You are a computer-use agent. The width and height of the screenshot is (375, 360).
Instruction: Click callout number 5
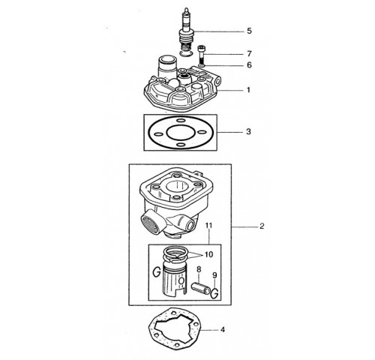pos(249,31)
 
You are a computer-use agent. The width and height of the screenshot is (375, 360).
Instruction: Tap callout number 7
pos(249,54)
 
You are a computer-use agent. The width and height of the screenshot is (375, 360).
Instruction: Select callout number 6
pos(249,65)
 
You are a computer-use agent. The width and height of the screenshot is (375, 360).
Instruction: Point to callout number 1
pos(248,90)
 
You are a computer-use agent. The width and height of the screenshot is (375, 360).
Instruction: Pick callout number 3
pos(248,131)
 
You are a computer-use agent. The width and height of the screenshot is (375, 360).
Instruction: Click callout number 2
pos(262,226)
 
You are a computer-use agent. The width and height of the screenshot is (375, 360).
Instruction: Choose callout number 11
pos(208,226)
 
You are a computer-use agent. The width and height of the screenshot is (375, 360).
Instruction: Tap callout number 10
pos(208,254)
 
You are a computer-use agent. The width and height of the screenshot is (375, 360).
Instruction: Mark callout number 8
pos(199,269)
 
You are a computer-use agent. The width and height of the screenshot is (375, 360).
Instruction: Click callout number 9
pos(214,275)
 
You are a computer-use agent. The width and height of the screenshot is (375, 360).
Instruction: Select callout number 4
pos(223,329)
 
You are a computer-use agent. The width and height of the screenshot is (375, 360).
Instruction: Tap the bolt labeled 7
pos(201,55)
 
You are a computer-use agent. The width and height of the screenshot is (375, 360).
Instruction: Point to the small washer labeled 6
pos(201,65)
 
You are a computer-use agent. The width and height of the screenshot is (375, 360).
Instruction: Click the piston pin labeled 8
pos(201,288)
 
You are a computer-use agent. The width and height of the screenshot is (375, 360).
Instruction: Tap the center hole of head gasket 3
pos(181,133)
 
